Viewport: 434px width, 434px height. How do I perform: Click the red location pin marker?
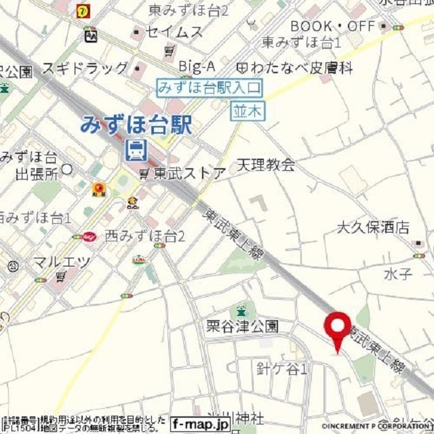pyautogui.click(x=337, y=328)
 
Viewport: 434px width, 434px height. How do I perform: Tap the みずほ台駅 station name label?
pyautogui.click(x=136, y=125)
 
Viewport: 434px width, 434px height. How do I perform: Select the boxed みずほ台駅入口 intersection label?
pyautogui.click(x=210, y=87)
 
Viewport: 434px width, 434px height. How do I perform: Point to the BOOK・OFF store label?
pyautogui.click(x=332, y=26)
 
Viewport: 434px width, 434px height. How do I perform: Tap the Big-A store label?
pyautogui.click(x=197, y=66)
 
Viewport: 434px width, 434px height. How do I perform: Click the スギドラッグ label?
pyautogui.click(x=85, y=68)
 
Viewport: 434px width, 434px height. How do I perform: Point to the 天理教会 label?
pyautogui.click(x=266, y=165)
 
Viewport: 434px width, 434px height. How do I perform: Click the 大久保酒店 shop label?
pyautogui.click(x=374, y=227)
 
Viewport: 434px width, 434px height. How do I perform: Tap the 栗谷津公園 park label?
pyautogui.click(x=242, y=326)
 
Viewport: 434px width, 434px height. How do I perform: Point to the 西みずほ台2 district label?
pyautogui.click(x=145, y=236)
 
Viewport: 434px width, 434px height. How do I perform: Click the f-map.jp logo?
pyautogui.click(x=200, y=425)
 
